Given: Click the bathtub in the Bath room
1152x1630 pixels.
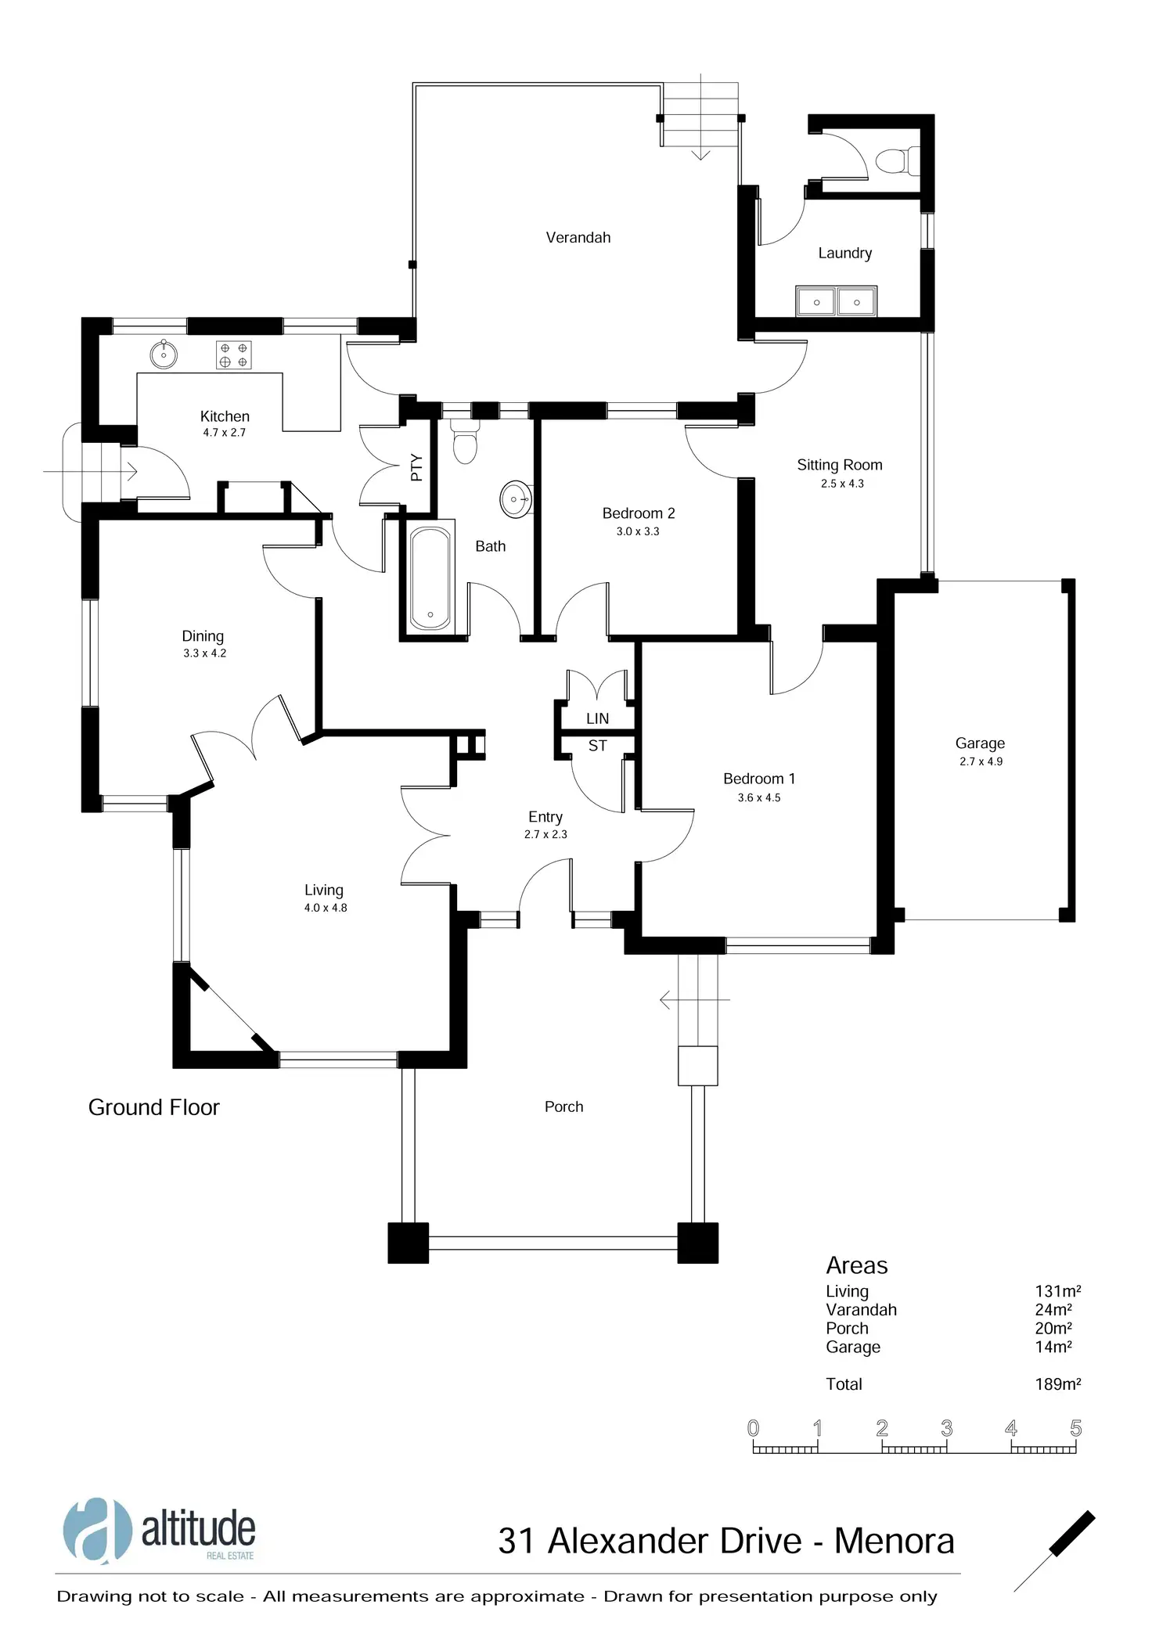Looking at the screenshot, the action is [x=430, y=578].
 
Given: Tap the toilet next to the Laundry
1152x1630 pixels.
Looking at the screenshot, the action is [x=894, y=161].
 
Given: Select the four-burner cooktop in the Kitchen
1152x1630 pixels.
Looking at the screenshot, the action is [x=233, y=355].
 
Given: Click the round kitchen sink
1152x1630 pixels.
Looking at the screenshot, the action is [x=164, y=354].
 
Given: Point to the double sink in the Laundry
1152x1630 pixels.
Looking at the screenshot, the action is [x=836, y=301].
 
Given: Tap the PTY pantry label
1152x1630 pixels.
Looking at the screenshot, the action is [x=416, y=467].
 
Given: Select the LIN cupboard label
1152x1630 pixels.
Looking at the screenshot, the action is [x=597, y=718].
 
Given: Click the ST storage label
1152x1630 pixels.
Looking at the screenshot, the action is [x=597, y=746].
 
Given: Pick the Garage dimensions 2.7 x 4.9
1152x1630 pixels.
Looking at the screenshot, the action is [x=981, y=761].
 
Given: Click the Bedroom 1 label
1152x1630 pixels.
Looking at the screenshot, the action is [x=758, y=779].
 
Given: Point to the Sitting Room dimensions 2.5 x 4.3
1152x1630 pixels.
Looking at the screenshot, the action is [x=842, y=484].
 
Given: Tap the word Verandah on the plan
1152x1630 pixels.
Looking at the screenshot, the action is [x=578, y=237].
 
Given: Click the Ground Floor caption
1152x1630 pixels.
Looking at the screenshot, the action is [x=154, y=1107].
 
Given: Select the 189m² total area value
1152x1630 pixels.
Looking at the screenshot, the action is [x=1057, y=1384].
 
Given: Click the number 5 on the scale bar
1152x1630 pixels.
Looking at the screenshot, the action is [x=1075, y=1428].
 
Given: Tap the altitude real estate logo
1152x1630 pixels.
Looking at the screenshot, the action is [x=160, y=1531].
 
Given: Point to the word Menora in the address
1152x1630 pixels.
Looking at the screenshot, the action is [x=894, y=1542].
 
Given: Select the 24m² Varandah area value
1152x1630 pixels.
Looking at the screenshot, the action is [x=1053, y=1310].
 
